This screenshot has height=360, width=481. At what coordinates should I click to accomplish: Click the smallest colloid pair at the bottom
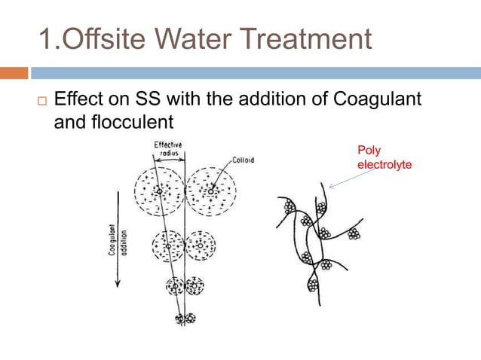point(185,319)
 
